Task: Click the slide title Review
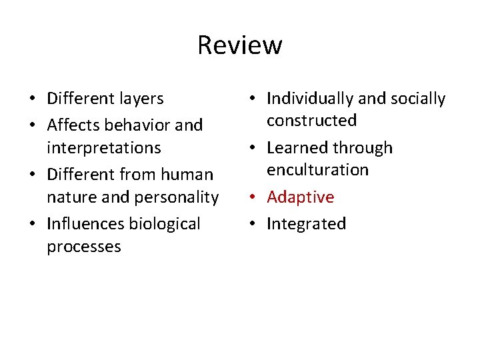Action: click(240, 45)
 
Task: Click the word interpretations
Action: click(103, 147)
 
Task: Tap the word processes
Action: click(83, 247)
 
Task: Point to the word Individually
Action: click(310, 99)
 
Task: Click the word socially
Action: click(418, 99)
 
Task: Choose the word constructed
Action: click(311, 121)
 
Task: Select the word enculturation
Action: click(317, 170)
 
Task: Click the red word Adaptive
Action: click(300, 197)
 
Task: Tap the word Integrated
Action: click(306, 224)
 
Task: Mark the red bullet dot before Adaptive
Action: click(255, 197)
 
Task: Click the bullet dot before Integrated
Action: click(255, 224)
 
